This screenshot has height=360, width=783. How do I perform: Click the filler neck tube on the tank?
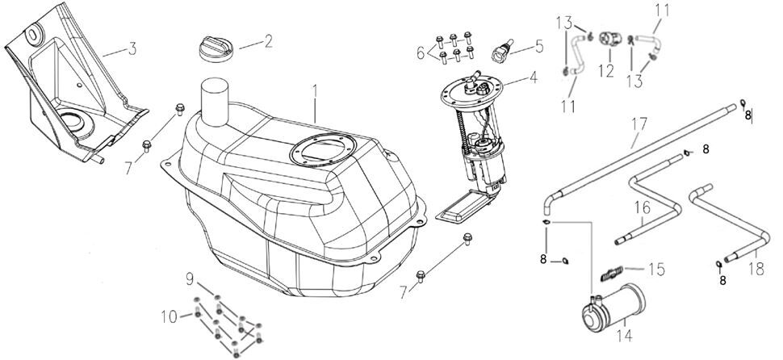(x=216, y=96)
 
